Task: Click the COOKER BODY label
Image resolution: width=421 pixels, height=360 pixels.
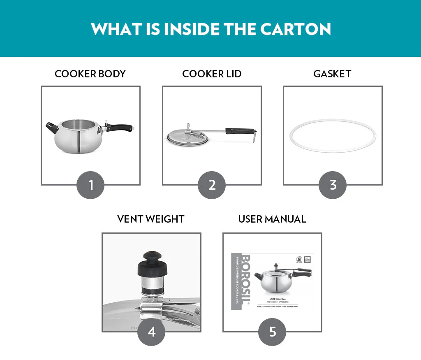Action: (90, 74)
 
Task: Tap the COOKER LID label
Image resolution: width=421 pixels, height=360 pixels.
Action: (212, 74)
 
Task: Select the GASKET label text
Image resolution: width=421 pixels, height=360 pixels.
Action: (332, 74)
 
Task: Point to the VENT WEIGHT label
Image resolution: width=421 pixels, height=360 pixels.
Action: (151, 219)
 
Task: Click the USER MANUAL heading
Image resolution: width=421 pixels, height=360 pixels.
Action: (272, 219)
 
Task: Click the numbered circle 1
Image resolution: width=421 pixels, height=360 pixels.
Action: (90, 185)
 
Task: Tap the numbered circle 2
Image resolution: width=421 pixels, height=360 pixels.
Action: (212, 185)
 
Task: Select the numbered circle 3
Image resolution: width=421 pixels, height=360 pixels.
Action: (333, 185)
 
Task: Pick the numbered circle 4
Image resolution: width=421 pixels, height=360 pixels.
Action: (151, 332)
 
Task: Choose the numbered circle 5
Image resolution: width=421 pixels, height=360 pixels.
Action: (272, 332)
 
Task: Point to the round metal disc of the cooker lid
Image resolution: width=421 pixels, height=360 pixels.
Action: (187, 137)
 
